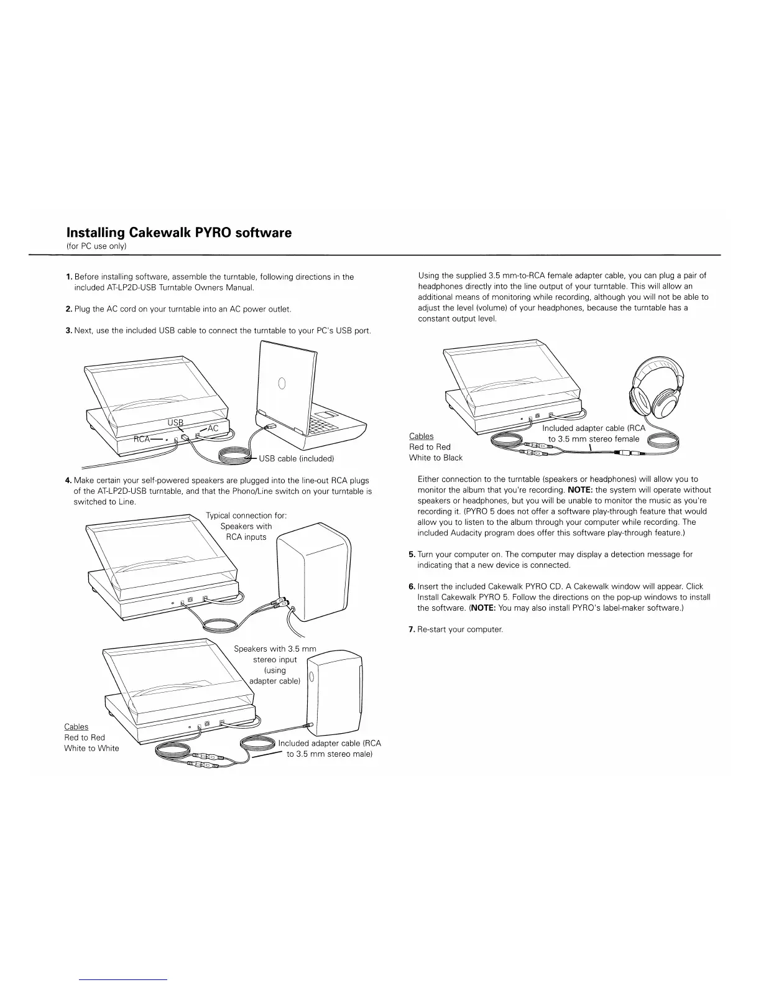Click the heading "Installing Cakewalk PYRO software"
tap(179, 233)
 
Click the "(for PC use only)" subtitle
tap(96, 247)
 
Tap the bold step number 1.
tap(68, 277)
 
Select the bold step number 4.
tap(68, 480)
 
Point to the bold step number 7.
tap(412, 629)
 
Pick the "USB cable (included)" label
tap(297, 459)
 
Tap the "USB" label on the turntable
tap(176, 423)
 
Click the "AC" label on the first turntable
tap(213, 428)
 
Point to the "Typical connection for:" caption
tap(246, 516)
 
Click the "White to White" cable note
tap(91, 748)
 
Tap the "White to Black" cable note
tap(435, 458)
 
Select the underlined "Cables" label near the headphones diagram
tap(421, 436)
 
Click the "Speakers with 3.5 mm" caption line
tap(275, 649)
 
